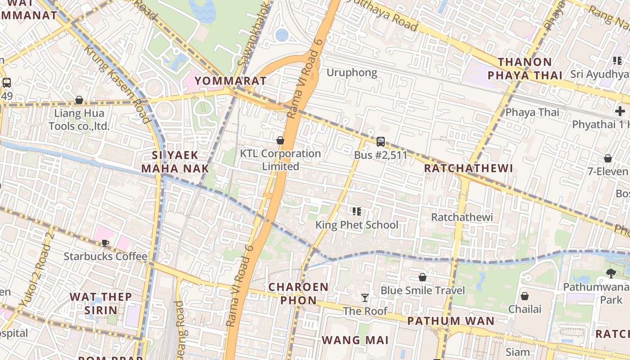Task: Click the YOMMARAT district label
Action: coord(230,81)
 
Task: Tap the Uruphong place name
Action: coord(351,72)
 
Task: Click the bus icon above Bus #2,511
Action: coord(380,142)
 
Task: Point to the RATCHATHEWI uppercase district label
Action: coord(468,169)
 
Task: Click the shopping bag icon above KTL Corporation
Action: coord(280,141)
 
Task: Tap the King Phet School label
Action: coord(356,225)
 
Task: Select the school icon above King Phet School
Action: coord(357,211)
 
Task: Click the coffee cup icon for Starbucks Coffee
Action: coord(105,243)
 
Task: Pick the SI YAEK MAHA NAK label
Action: coord(175,162)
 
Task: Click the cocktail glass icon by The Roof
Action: coord(364,298)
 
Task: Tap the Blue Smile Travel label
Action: coord(423,290)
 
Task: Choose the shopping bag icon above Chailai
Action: coord(524,296)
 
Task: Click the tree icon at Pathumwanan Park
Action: coord(611,273)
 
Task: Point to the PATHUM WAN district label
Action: coord(451,321)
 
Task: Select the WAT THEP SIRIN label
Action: coord(101,303)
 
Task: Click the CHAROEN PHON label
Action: coord(298,293)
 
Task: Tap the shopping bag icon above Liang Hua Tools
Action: coord(79,100)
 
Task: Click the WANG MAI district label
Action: coord(355,340)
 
